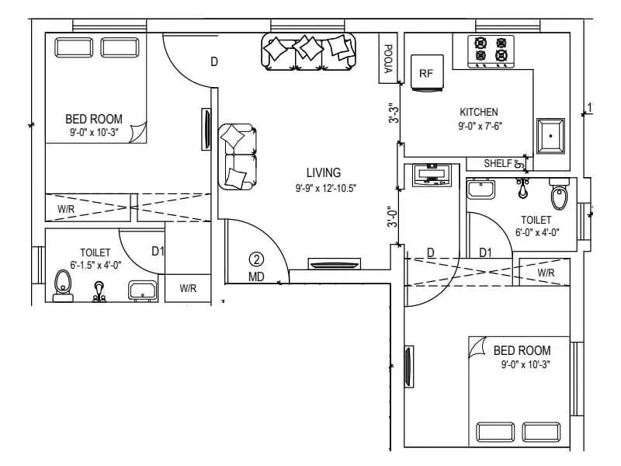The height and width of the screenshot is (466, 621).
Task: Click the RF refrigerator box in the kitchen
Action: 425,73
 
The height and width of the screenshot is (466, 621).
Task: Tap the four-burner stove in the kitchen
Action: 491,50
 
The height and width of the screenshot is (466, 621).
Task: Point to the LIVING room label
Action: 324,172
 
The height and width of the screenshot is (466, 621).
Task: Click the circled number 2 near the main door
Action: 257,260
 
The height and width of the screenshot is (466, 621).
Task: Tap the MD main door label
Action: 257,276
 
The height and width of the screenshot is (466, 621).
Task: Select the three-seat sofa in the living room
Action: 309,51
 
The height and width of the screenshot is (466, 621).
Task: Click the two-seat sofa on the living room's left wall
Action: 238,156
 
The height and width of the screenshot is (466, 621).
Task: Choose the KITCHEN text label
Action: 478,112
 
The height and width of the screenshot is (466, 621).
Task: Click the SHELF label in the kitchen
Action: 498,163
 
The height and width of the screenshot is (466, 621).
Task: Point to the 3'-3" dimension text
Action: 393,113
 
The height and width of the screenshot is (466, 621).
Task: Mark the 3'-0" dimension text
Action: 393,215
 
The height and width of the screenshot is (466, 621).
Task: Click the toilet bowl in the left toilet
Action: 62,286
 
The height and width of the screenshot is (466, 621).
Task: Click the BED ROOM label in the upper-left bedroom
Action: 93,119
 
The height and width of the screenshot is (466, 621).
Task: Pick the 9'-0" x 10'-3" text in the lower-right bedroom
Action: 525,363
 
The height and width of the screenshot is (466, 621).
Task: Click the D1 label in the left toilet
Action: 158,251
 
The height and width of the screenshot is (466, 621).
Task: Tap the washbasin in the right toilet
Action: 481,189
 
